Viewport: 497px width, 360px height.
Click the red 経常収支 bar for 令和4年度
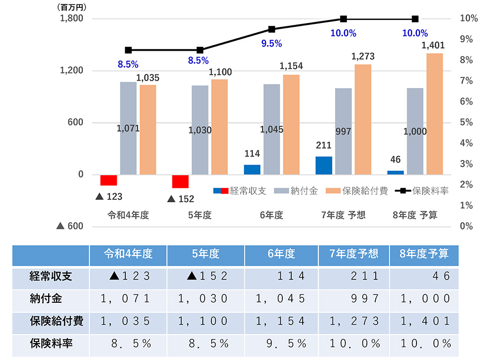(108, 180)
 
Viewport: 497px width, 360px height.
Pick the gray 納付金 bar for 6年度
(272, 129)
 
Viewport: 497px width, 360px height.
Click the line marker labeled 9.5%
(272, 29)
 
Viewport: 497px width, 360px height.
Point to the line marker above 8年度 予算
(415, 19)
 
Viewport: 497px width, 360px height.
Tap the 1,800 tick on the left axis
(72, 19)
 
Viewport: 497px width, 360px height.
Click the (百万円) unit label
(73, 7)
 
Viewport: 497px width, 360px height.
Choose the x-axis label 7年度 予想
(343, 215)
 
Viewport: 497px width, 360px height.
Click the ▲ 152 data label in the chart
(181, 199)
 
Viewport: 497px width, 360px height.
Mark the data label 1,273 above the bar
(363, 56)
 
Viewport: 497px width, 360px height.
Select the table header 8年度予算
(424, 254)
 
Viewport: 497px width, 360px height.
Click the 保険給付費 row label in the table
(51, 321)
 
